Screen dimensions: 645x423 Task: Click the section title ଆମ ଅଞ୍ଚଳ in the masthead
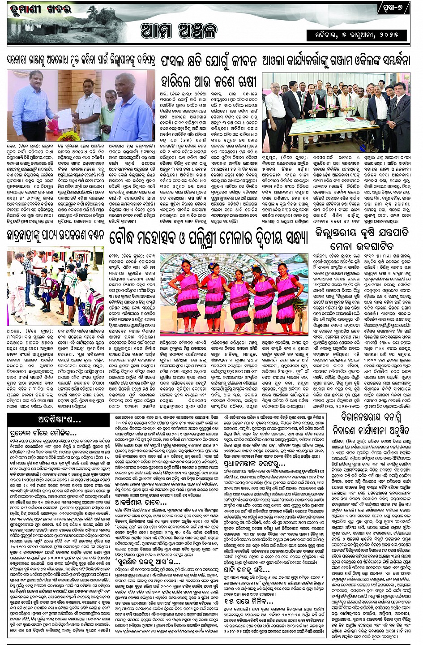point(179,30)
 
